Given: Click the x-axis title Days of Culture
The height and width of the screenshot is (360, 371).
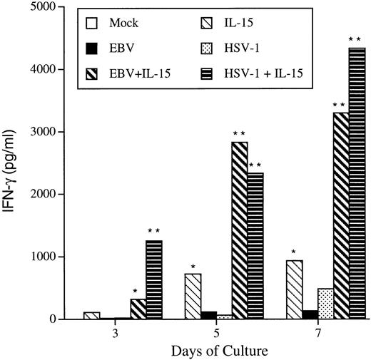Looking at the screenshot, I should pos(215,351).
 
